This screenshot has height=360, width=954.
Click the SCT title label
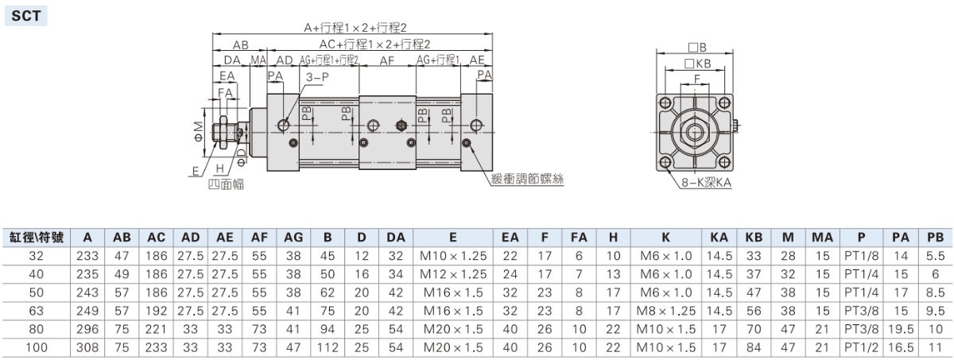click(x=25, y=16)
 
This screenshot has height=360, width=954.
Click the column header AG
click(x=293, y=238)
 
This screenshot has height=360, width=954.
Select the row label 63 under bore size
click(x=37, y=311)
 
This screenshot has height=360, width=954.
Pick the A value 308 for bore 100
click(x=87, y=347)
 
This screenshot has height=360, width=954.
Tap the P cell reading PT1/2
click(x=861, y=347)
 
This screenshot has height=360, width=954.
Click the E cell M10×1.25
click(x=452, y=256)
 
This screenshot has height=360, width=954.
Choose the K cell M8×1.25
click(x=665, y=311)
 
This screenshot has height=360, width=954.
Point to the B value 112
click(x=327, y=347)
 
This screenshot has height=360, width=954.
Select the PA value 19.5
click(x=901, y=329)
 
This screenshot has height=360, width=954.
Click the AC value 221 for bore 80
click(x=156, y=329)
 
